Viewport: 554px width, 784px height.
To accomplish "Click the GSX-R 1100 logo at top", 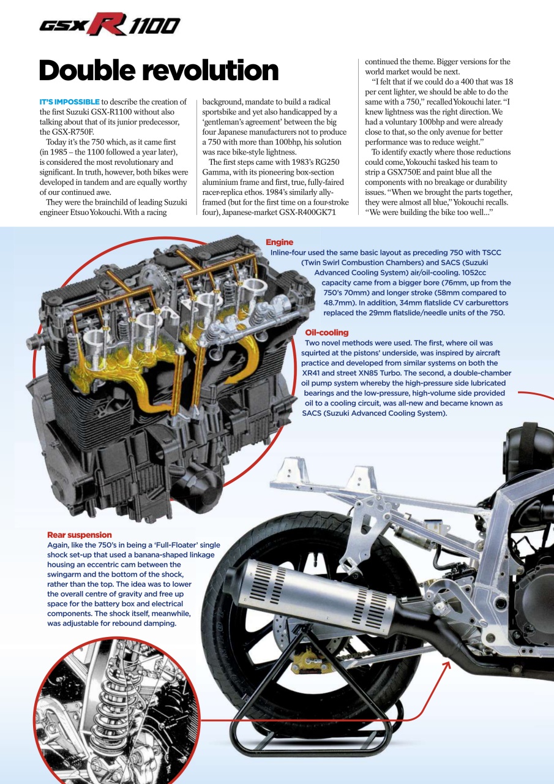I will tap(110, 25).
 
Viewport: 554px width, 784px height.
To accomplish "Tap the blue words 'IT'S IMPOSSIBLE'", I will tap(69, 102).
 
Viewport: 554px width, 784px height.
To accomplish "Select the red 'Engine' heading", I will tap(279, 243).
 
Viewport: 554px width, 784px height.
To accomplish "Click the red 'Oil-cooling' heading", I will tap(326, 333).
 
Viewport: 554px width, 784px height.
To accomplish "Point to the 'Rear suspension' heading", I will tap(80, 535).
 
